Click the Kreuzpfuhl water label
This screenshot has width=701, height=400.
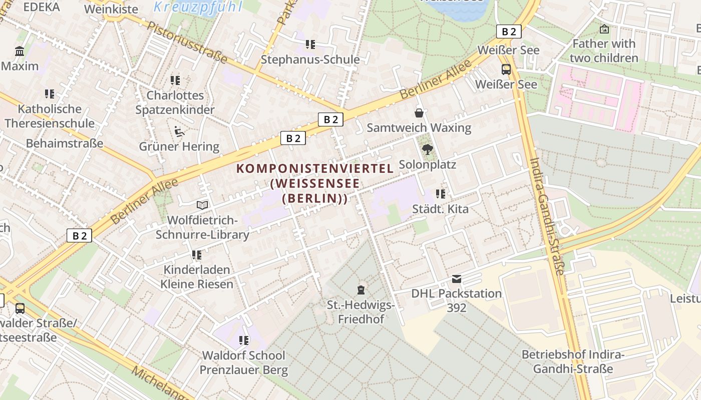(198, 6)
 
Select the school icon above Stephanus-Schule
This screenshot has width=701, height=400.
(310, 44)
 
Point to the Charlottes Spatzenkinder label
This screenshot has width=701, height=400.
(175, 102)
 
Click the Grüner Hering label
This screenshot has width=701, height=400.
(179, 146)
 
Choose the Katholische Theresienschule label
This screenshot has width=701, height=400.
(50, 116)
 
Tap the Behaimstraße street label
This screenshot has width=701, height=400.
(65, 143)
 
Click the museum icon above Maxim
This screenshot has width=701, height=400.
(20, 51)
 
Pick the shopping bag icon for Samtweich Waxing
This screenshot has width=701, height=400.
(419, 113)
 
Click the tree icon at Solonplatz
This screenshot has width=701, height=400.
(428, 149)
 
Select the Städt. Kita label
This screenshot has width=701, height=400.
(440, 208)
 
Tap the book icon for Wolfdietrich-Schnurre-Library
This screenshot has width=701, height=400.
(202, 205)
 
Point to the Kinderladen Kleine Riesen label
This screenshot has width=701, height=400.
(197, 277)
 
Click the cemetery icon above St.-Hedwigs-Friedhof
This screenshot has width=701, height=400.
(361, 290)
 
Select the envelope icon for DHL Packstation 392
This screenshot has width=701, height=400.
(457, 278)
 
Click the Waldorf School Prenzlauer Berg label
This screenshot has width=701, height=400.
(244, 362)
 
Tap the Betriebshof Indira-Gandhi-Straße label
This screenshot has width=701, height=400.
(573, 361)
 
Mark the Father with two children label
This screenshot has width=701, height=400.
(604, 51)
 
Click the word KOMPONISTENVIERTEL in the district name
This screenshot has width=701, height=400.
(315, 168)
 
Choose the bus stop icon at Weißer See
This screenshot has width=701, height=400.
(506, 69)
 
